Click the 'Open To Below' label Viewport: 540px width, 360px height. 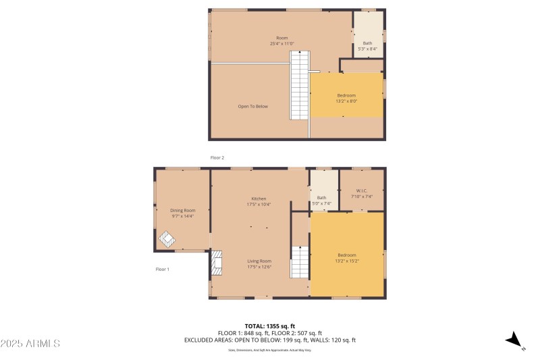252,106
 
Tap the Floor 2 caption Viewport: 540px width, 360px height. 217,157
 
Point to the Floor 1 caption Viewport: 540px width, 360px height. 162,269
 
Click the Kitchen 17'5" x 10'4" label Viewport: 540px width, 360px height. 259,201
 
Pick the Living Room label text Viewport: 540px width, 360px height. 259,264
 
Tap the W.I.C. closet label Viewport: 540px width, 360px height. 362,193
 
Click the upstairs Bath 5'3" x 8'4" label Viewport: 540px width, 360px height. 367,46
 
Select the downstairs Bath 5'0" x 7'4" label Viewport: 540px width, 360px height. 321,201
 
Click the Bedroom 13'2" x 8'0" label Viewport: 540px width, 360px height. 346,98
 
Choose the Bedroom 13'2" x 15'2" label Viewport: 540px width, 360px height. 346,257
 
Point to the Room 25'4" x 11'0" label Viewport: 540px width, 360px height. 281,41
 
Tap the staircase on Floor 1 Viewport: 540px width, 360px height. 300,262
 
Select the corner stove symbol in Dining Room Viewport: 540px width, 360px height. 166,239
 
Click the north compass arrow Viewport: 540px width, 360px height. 516,340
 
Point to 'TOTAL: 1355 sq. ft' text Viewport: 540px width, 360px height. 269,326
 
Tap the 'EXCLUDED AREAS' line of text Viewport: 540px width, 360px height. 269,340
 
